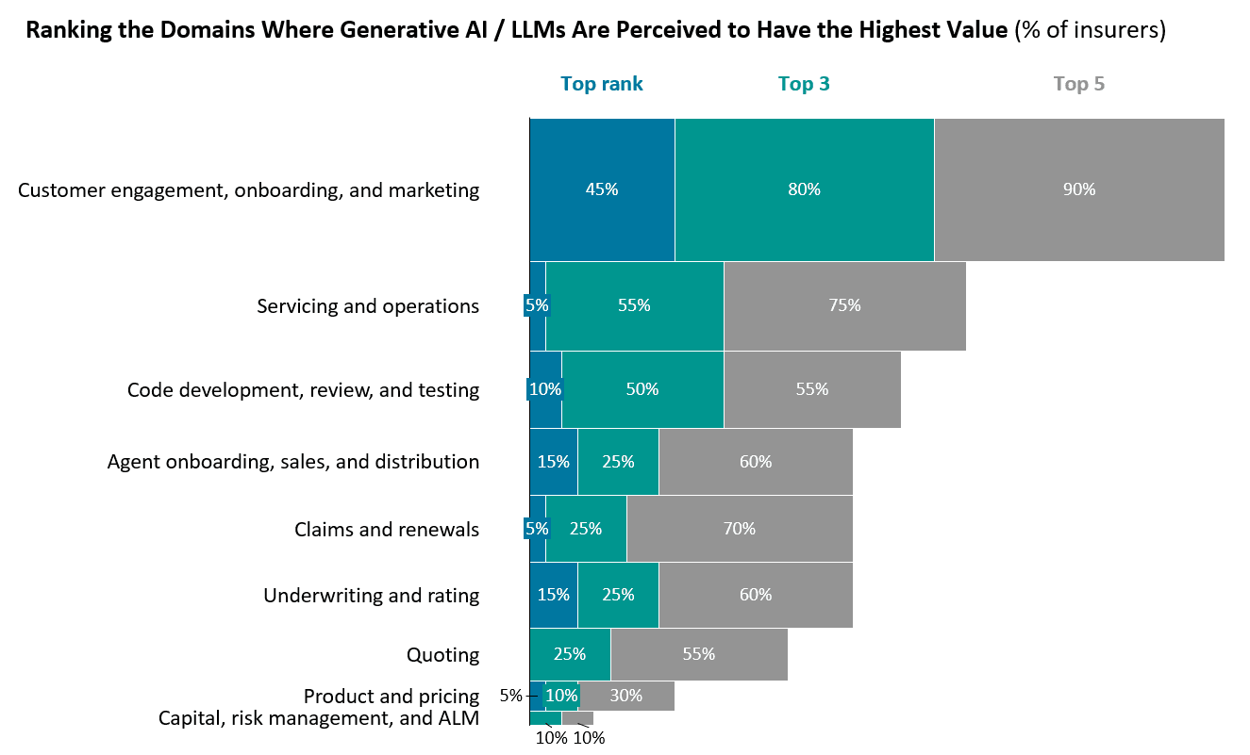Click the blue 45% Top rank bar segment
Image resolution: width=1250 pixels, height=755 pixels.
[x=602, y=189]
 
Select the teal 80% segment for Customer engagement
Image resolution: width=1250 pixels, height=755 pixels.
[x=804, y=189]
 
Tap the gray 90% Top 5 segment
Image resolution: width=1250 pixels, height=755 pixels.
[x=1079, y=189]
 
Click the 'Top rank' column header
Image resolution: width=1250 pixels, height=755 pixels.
[x=602, y=84]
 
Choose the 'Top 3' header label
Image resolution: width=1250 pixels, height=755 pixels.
[x=804, y=84]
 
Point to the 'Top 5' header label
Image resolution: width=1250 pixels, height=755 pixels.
[x=1079, y=84]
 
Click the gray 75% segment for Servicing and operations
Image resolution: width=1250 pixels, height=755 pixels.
[x=844, y=305]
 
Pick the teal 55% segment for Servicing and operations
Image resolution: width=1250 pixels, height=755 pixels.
[x=634, y=305]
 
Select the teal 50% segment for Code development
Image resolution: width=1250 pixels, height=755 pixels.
[x=642, y=389]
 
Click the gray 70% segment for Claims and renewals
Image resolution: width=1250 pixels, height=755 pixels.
[x=740, y=529]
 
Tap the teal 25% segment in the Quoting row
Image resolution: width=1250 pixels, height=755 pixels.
[x=570, y=654]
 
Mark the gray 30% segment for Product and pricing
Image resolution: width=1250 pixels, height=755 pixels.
[x=626, y=696]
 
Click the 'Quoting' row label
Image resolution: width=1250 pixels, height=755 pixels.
[x=442, y=654]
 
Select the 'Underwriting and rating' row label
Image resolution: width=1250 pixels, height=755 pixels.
[x=371, y=596]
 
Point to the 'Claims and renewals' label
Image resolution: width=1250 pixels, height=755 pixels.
[x=387, y=530]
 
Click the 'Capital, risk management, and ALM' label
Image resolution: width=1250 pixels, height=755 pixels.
[x=319, y=718]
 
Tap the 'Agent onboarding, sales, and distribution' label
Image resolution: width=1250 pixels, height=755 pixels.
[x=293, y=462]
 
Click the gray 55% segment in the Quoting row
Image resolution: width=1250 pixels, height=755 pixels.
[x=699, y=654]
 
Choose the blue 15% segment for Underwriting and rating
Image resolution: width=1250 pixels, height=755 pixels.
[x=553, y=595]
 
